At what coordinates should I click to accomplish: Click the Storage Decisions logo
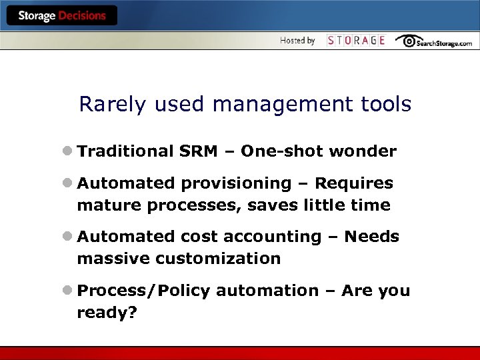point(62,16)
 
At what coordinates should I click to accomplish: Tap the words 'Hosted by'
point(297,41)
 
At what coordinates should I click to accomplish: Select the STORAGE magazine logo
point(356,41)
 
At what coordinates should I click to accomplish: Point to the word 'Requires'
point(354,183)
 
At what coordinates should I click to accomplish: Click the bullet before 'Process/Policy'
point(69,291)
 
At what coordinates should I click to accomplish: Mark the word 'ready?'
point(107,313)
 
